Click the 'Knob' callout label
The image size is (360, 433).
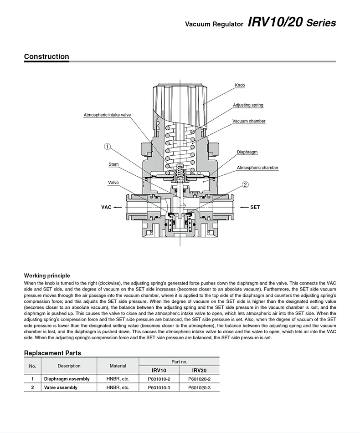240,85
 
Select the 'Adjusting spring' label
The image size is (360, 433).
248,105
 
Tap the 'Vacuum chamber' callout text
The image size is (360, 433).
249,121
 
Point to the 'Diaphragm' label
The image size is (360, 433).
247,152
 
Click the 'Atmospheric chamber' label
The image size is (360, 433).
257,168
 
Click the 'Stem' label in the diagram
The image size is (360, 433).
113,164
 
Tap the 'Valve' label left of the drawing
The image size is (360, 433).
113,183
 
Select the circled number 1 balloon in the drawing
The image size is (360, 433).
107,147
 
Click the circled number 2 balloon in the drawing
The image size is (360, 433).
245,185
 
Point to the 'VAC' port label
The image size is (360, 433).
106,207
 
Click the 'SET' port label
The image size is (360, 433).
255,207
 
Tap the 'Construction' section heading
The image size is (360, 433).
46,57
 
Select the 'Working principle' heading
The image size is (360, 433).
47,275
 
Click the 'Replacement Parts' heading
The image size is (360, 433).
52,353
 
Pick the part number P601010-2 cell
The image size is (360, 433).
159,379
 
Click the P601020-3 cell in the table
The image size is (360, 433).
199,387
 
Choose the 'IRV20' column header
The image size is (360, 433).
199,371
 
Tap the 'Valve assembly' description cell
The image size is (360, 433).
61,387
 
